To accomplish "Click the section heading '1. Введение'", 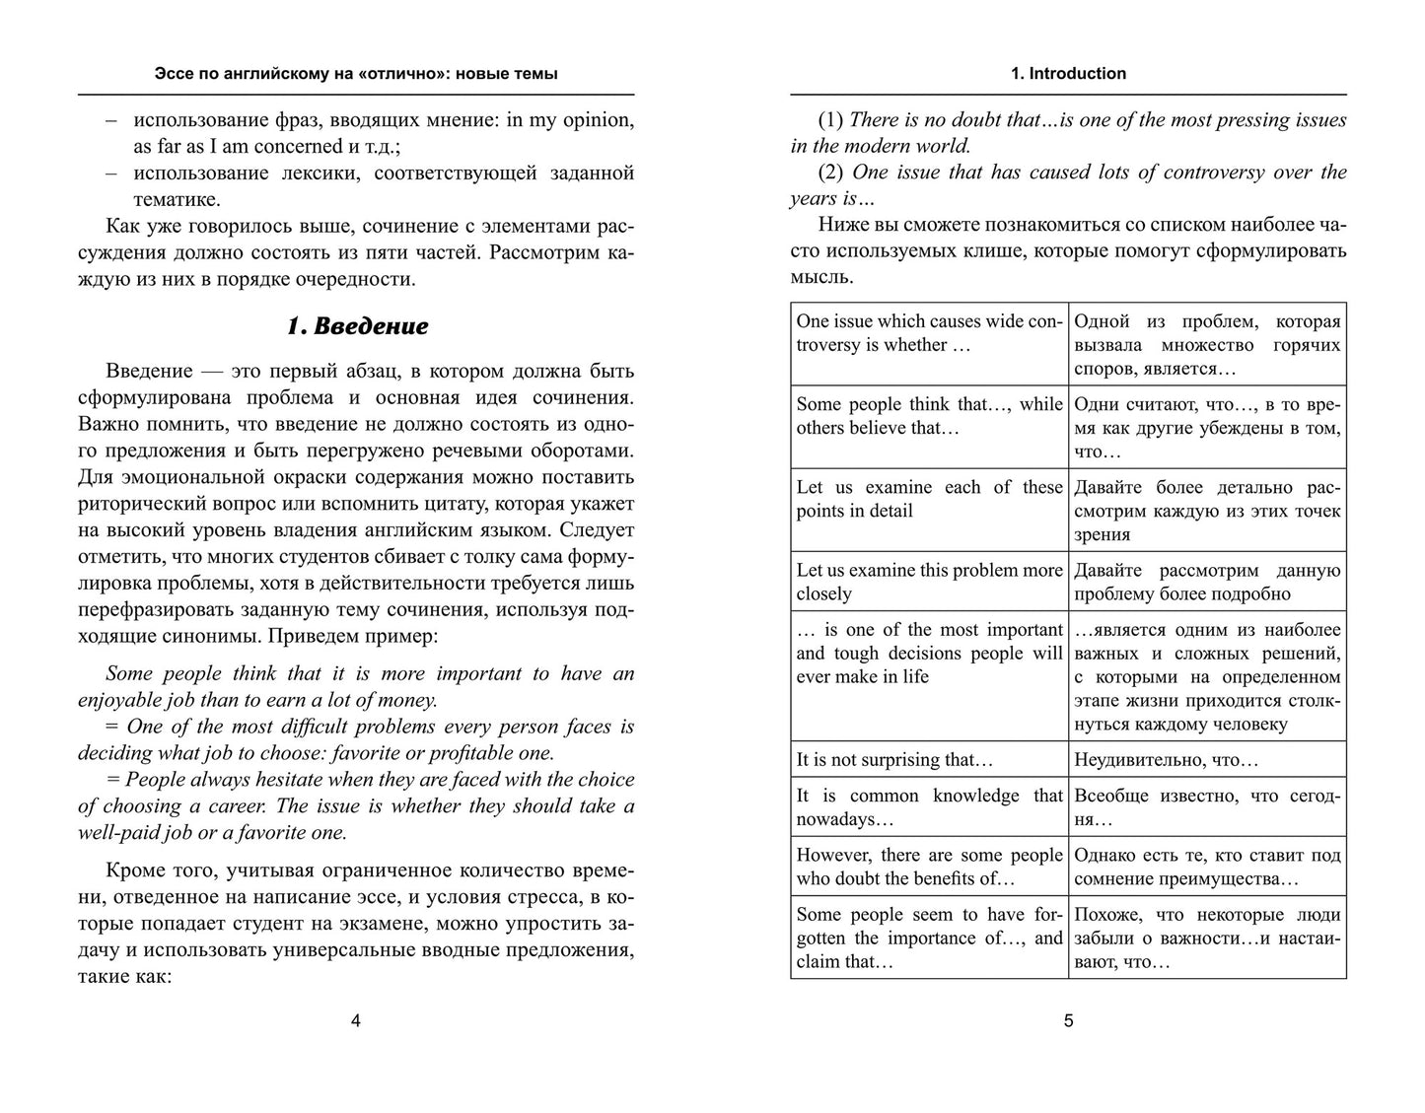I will click(x=357, y=325).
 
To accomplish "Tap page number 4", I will click(x=356, y=1021).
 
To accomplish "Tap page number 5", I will click(x=1068, y=1021).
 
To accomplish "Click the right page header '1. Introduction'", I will click(x=1068, y=73).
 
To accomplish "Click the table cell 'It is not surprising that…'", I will click(x=929, y=759).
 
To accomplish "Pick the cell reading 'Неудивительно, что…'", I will click(x=1207, y=759).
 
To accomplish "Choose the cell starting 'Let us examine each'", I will click(x=929, y=499).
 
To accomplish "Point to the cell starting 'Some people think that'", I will click(x=929, y=416).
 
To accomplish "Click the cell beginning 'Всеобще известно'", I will click(x=1207, y=806).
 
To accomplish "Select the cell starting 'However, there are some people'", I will click(x=929, y=867).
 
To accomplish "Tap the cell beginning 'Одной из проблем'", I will click(x=1207, y=344).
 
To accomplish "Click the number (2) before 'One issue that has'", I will click(x=830, y=172).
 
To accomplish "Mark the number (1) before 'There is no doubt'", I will click(x=830, y=120).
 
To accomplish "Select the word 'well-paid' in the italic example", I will click(x=117, y=832).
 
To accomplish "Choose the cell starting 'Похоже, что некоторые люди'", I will click(x=1207, y=938).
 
